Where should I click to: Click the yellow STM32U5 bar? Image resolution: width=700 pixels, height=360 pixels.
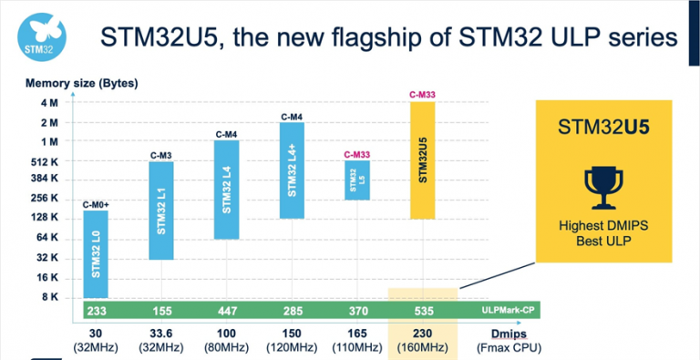click(423, 159)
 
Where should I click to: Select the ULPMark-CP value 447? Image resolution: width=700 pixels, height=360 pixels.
click(227, 311)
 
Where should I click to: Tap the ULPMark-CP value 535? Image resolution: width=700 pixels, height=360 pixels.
click(422, 311)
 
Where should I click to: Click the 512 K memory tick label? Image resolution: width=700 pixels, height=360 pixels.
click(44, 160)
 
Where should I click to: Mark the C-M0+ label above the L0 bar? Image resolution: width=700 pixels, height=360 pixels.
click(96, 204)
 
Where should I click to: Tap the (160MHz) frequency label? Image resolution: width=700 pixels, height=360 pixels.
click(422, 347)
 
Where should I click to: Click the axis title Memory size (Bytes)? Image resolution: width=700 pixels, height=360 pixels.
click(81, 84)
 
